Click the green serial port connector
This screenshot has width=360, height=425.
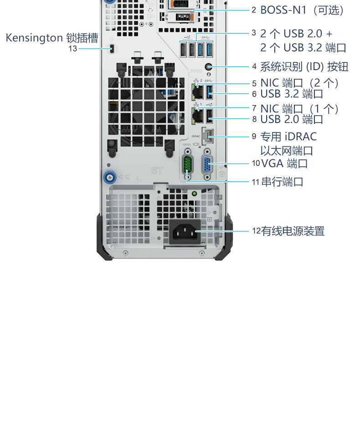(187, 164)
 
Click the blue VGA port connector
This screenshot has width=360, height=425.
(207, 164)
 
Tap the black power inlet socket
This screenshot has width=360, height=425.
(185, 232)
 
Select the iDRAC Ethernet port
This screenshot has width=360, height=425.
(208, 136)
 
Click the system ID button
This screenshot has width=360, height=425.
(208, 67)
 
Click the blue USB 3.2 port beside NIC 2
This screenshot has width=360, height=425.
(209, 92)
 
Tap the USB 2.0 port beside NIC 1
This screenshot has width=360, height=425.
(209, 116)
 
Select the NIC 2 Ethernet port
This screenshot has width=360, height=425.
(198, 92)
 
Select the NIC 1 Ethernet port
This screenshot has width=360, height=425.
(198, 116)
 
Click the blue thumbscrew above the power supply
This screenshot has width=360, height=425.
(110, 178)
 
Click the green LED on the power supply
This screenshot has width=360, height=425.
(194, 194)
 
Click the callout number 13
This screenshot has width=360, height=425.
(72, 49)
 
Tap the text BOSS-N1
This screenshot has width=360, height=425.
(283, 10)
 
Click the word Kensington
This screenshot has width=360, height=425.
(34, 38)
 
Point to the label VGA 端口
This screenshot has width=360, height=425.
(284, 164)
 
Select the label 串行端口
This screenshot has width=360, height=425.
(282, 182)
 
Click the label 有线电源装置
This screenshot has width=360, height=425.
(293, 231)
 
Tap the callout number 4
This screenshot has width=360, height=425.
(254, 67)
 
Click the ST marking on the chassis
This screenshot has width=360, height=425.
(157, 170)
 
